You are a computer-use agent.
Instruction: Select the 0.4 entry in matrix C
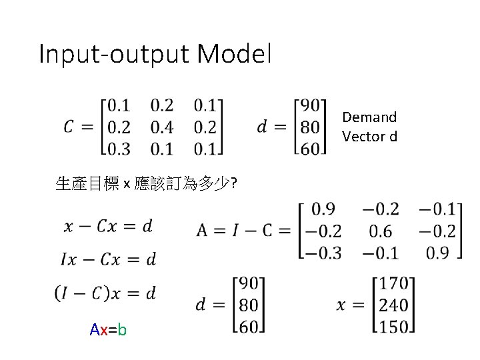161,127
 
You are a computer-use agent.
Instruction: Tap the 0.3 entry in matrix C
119,148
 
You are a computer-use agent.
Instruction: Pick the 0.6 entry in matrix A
381,231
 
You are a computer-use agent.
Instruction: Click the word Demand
369,118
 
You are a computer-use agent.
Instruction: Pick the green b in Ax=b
122,329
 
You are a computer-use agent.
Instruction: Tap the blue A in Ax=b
95,329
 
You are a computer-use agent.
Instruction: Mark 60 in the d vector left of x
247,326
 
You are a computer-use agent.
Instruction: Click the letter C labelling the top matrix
70,127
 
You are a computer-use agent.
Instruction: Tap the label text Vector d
369,137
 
